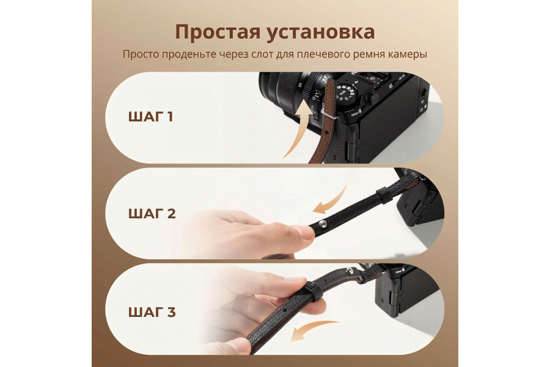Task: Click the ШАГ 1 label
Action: point(151,116)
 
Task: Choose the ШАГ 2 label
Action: point(152,213)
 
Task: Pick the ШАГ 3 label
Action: point(152,312)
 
